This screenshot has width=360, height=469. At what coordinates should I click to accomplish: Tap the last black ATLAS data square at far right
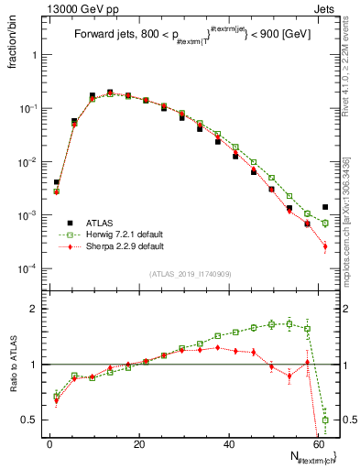tap(325, 207)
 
